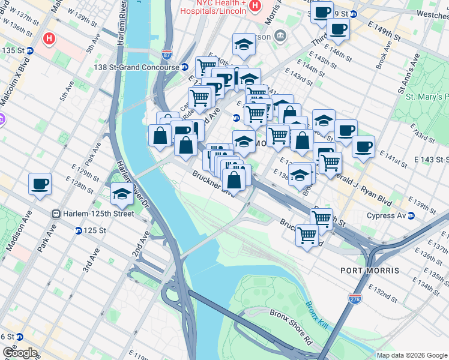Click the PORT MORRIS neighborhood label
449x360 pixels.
pos(370,271)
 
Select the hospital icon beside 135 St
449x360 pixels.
pos(49,40)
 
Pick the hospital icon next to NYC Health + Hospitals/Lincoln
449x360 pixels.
pos(255,6)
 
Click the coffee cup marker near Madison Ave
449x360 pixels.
pos(40,184)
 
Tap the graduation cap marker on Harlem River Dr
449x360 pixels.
pos(122,194)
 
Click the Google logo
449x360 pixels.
pos(20,352)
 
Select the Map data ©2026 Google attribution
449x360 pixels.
pos(411,355)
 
